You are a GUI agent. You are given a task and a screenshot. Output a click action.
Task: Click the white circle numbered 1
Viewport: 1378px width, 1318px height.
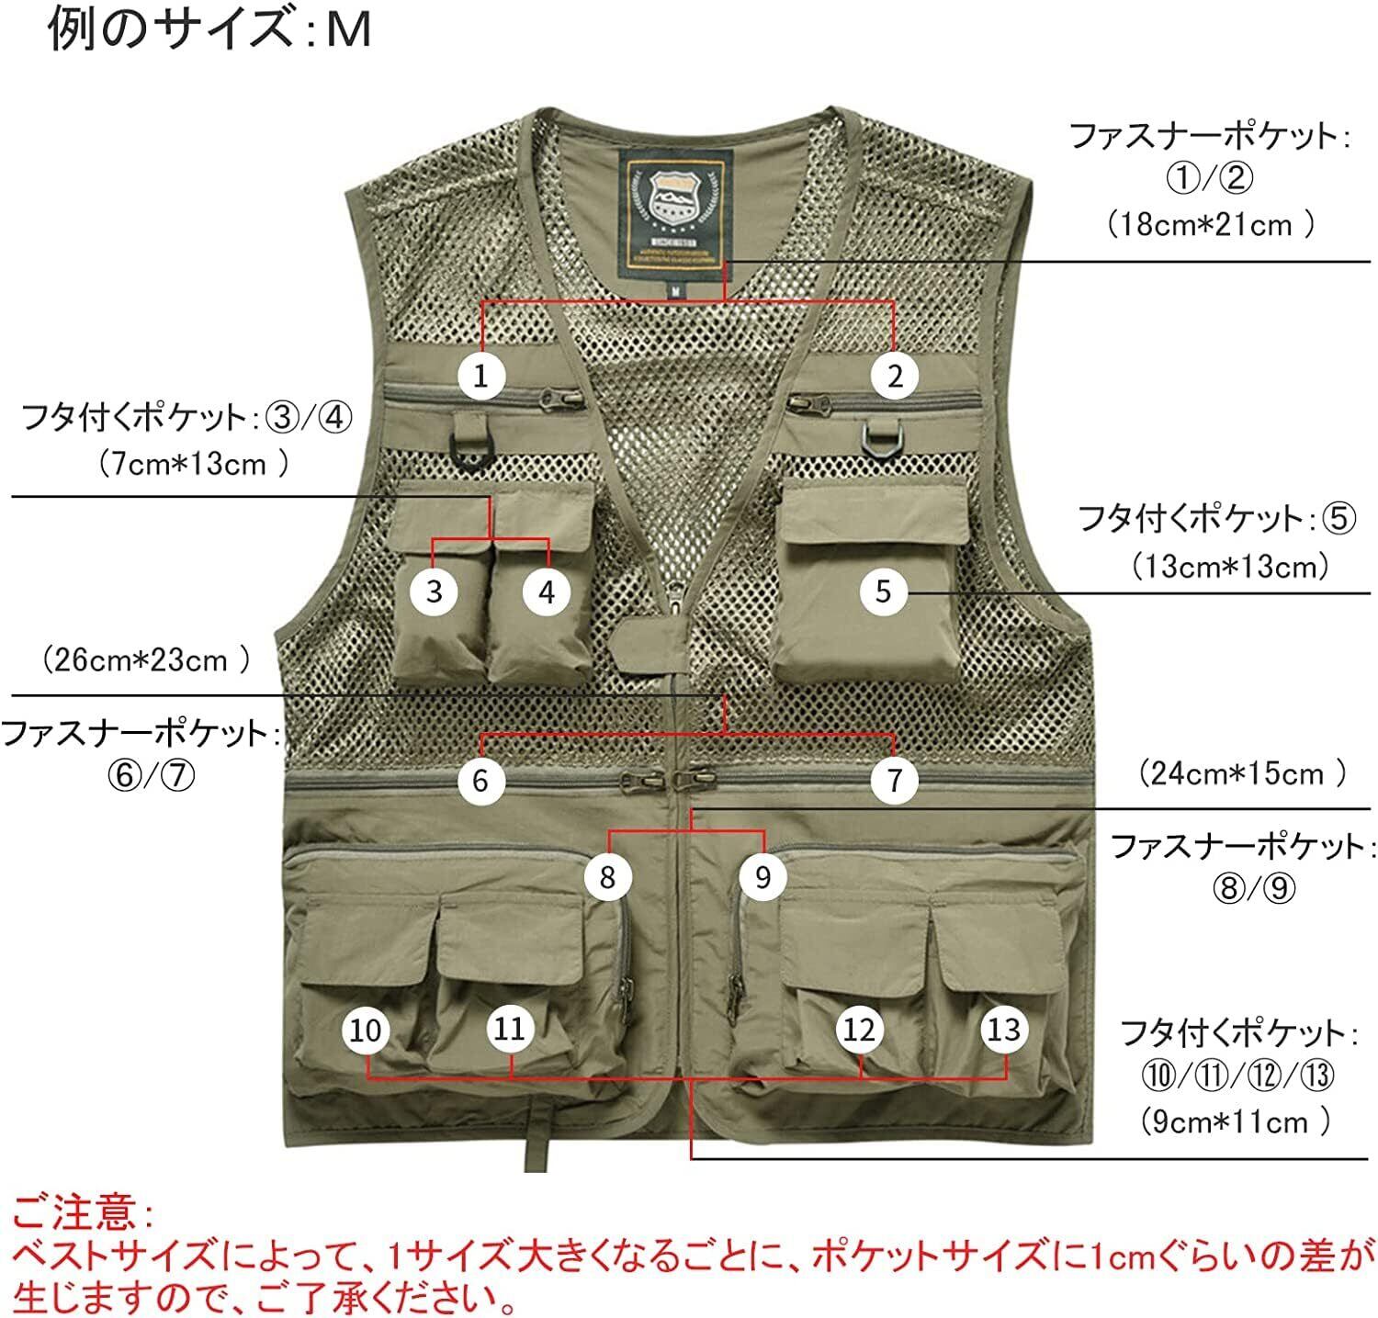(x=480, y=375)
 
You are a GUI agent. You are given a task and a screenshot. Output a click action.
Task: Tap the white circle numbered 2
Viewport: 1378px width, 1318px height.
(x=895, y=375)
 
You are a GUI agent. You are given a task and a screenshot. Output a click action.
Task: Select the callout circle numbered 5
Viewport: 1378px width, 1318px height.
(x=883, y=591)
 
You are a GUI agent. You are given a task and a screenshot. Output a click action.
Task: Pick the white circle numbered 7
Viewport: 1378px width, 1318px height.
(x=894, y=781)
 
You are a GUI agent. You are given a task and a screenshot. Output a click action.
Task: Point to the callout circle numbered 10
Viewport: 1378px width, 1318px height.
(x=366, y=1030)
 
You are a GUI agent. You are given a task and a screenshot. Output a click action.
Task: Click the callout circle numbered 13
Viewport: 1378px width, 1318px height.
(x=1003, y=1030)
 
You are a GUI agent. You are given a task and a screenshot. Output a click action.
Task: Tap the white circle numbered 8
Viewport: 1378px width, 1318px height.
(x=606, y=876)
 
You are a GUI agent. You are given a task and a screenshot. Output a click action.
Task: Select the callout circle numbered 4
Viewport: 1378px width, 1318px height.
(x=547, y=591)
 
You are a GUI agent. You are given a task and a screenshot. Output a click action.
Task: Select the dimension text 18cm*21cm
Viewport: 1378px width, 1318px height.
(x=1211, y=224)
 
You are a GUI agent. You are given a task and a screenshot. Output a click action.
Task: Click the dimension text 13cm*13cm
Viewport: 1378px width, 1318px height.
(x=1230, y=567)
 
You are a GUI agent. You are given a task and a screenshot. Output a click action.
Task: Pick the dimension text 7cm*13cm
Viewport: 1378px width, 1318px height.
(x=195, y=463)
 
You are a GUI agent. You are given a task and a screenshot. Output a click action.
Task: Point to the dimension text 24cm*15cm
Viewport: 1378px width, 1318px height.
(x=1242, y=773)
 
